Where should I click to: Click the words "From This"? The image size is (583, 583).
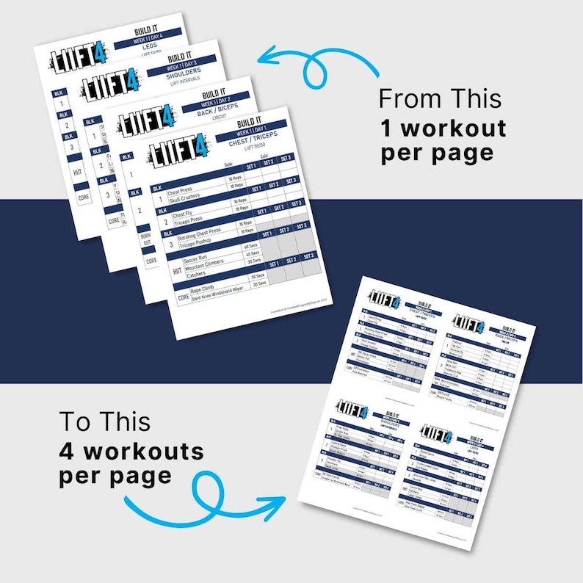click(x=440, y=98)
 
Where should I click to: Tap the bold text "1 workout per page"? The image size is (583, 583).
click(x=443, y=140)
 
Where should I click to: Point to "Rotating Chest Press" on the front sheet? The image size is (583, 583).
click(x=193, y=230)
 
